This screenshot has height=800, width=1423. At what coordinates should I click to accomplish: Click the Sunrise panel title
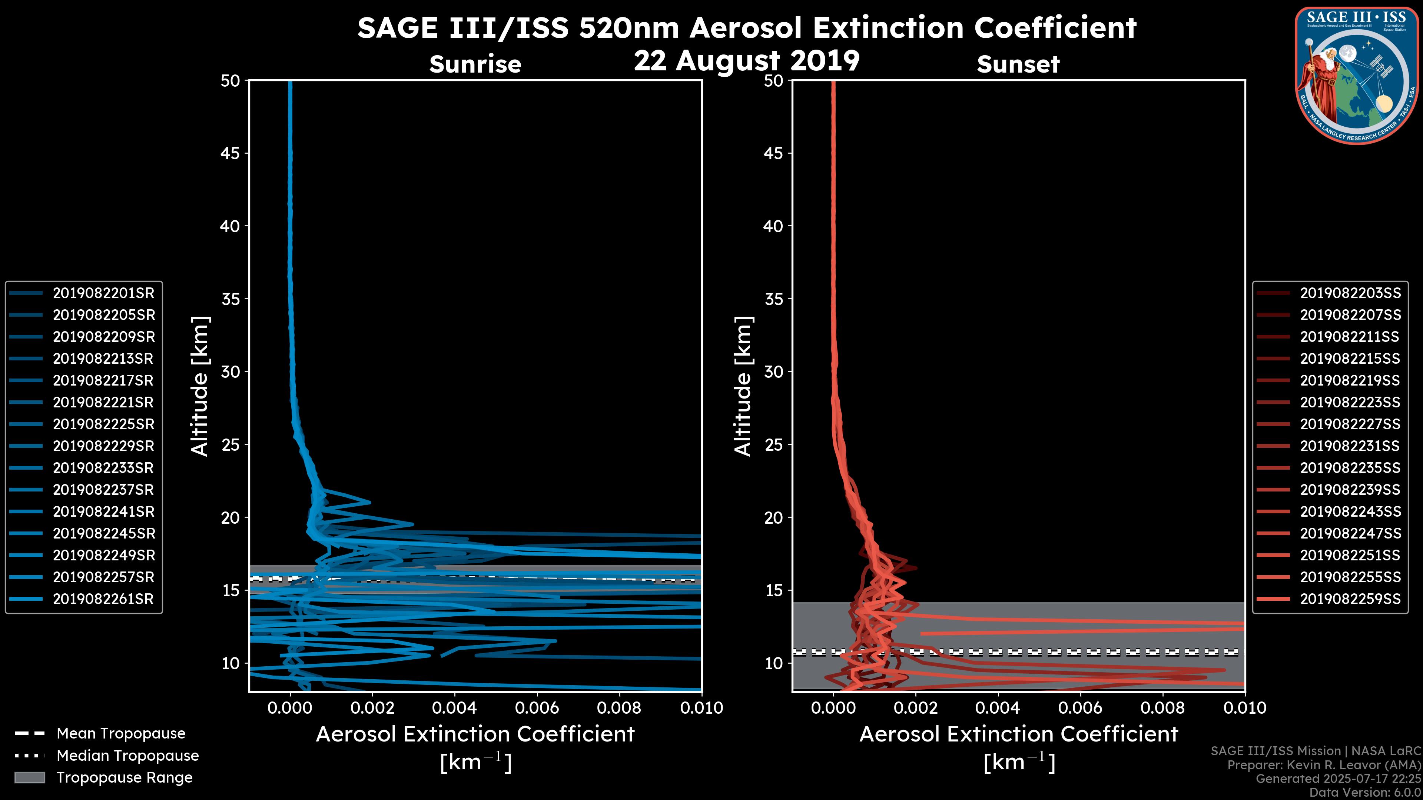475,64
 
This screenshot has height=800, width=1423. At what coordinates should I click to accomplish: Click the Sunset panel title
1018,64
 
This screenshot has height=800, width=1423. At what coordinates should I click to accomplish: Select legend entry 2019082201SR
103,293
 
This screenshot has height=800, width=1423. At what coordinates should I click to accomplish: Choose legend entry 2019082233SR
103,468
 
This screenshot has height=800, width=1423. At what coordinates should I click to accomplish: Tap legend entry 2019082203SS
1350,293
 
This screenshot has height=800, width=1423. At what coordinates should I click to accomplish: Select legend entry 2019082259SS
1350,599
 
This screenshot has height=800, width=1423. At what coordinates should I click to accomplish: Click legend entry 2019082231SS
1350,446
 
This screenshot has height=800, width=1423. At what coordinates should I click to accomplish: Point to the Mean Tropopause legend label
121,733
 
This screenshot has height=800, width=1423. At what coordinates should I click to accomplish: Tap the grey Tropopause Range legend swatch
29,777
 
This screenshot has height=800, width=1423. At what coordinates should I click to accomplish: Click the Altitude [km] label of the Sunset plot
743,386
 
